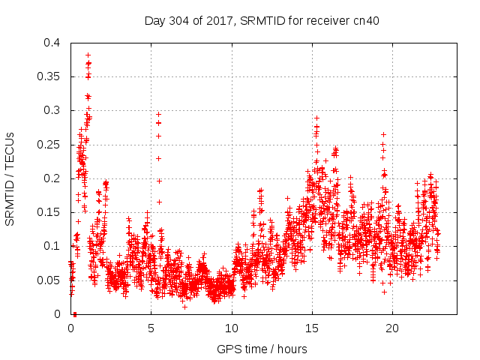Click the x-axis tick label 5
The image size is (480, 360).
tap(151, 328)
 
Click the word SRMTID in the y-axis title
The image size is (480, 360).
tap(10, 194)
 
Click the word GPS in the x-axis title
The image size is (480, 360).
tap(228, 349)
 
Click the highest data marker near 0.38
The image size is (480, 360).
tap(88, 55)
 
